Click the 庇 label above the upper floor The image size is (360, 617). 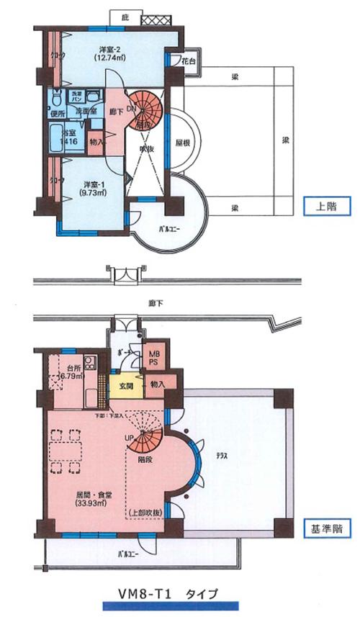(125, 17)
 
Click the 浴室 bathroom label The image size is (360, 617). (68, 134)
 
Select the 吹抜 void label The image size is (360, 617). (146, 147)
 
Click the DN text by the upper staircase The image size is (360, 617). (131, 109)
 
